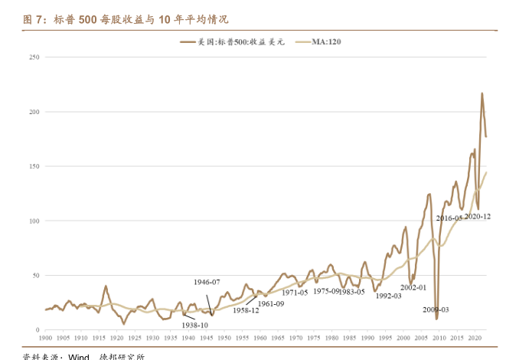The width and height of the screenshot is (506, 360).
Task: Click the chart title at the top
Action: coord(126,19)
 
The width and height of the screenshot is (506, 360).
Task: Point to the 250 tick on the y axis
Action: coord(34,57)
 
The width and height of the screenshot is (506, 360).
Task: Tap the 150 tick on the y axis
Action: coord(34,166)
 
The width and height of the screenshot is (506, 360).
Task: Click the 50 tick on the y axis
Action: coord(35,275)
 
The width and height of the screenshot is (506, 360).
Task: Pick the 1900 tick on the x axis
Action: coord(45,337)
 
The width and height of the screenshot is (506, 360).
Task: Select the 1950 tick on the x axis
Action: coord(224,337)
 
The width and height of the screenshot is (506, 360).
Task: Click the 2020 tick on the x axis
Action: coord(475,337)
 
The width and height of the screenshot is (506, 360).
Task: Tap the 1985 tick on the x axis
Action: coord(350,337)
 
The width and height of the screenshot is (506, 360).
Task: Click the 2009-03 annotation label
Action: coord(436,309)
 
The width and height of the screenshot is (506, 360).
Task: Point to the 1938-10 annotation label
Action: coord(195,325)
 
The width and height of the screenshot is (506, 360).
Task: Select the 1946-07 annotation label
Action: coord(207,282)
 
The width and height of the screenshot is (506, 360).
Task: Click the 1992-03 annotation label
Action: coord(388,296)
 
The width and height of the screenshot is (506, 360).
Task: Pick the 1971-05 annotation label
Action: coord(294,292)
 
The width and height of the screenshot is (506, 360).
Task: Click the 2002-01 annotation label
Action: coord(413,287)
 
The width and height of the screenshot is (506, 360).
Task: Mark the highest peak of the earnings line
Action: coord(482,93)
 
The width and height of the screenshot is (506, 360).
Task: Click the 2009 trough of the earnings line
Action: coord(436,318)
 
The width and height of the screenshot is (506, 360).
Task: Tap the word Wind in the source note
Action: coord(80,356)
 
